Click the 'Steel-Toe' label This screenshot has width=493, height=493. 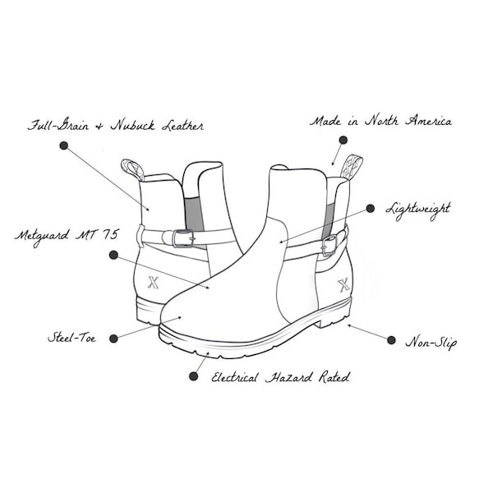(x=72, y=338)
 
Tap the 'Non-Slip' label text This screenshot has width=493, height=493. (x=431, y=343)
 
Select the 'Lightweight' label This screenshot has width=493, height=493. (x=418, y=210)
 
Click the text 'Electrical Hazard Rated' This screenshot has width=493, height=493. (x=280, y=377)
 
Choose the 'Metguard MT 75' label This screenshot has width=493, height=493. (x=67, y=236)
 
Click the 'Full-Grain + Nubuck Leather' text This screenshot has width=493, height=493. (x=116, y=126)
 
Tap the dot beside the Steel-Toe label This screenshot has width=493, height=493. (x=114, y=339)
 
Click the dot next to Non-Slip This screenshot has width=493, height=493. (x=391, y=340)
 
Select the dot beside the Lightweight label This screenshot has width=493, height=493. (x=371, y=208)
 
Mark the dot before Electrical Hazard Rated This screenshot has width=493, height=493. (x=193, y=376)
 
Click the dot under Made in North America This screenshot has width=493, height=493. (x=343, y=140)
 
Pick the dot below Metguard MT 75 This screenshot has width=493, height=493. (x=113, y=255)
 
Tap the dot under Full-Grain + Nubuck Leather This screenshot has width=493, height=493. (x=64, y=145)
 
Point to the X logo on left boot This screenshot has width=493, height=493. (x=153, y=282)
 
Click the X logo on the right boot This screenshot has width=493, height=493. (x=343, y=285)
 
